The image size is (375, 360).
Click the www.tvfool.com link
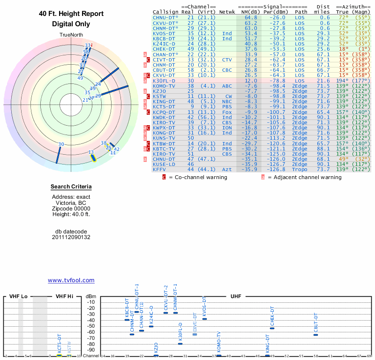[71, 280]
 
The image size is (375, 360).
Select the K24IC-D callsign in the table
[164, 44]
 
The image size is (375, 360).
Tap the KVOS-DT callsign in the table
[164, 33]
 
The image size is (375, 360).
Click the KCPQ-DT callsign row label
[164, 112]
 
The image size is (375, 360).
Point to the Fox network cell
[227, 112]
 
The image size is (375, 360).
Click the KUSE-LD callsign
[164, 164]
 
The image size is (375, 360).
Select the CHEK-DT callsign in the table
[164, 49]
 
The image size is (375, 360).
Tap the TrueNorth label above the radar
[71, 36]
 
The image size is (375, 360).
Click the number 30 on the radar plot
[61, 144]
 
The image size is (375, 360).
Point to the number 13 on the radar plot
[91, 152]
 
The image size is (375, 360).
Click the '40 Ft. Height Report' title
[71, 14]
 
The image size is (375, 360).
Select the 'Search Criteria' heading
[71, 187]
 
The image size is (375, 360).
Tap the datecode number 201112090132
[71, 237]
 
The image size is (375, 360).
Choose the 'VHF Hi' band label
[65, 297]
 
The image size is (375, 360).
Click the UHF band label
[236, 297]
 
